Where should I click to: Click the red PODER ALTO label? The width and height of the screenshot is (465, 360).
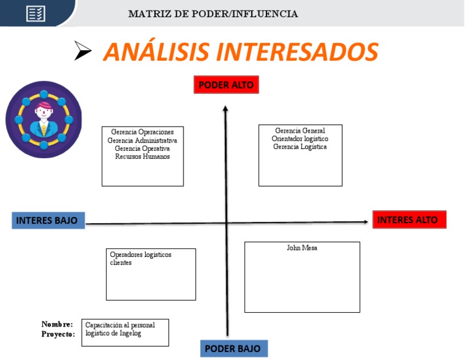tap(226, 85)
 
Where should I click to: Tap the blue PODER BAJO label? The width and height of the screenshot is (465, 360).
tap(233, 348)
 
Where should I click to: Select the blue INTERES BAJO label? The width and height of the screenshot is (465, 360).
tap(47, 220)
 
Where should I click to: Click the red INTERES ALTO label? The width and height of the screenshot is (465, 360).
tap(409, 219)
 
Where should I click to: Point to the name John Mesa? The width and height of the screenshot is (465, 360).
tap(302, 248)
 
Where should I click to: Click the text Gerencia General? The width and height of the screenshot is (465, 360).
tap(300, 131)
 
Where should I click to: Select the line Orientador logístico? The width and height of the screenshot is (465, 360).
tap(300, 139)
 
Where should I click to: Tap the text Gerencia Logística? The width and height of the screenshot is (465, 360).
tap(300, 147)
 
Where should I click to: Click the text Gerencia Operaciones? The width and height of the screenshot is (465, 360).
tap(142, 132)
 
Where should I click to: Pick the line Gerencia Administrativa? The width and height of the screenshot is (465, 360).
tap(142, 141)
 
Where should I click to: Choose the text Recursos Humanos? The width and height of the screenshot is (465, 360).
tap(142, 156)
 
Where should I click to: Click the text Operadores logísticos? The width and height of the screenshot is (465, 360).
tap(140, 255)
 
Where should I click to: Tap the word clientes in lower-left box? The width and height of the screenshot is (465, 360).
tap(120, 262)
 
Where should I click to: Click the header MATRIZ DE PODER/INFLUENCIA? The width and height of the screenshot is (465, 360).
tap(213, 14)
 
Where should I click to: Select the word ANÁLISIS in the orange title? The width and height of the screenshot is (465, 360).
tap(158, 52)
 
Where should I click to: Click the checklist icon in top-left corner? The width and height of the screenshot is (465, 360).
tap(36, 13)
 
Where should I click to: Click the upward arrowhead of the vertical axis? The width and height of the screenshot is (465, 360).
tap(226, 109)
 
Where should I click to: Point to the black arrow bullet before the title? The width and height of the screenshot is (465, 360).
tap(82, 52)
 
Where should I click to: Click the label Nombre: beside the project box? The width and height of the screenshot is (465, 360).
tap(57, 325)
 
